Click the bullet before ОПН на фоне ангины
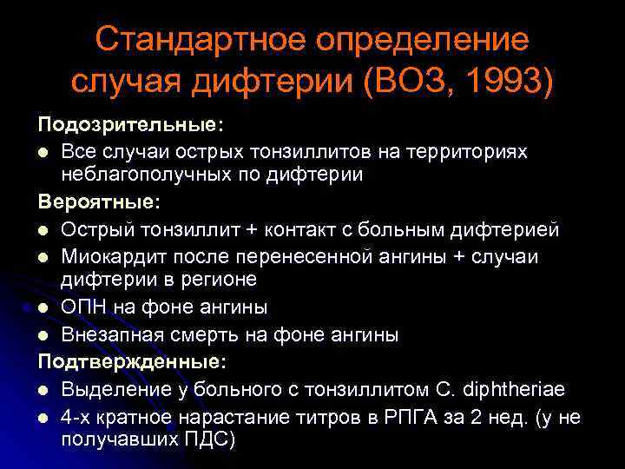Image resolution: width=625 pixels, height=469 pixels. tap(43, 307)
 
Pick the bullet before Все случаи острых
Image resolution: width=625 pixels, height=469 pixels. tap(43, 151)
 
